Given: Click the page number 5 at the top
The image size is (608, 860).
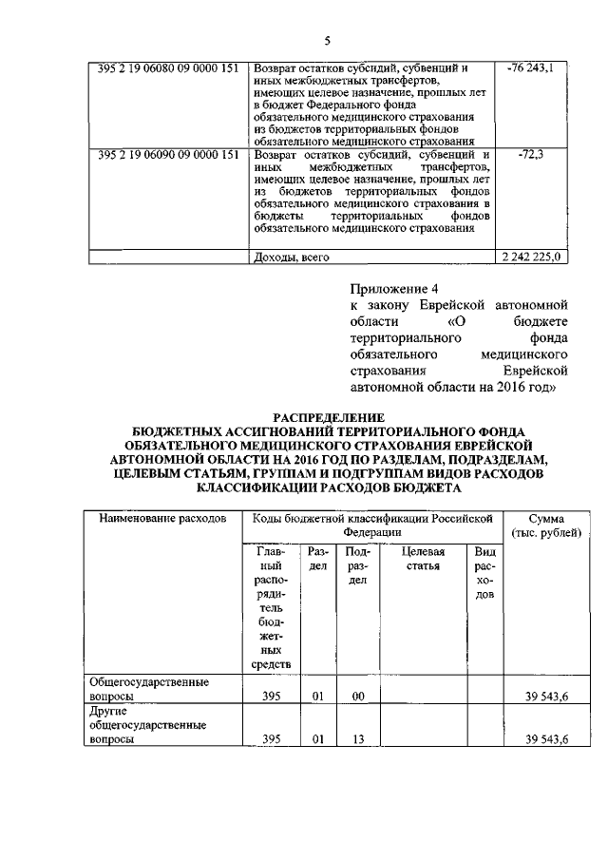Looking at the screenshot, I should [327, 40].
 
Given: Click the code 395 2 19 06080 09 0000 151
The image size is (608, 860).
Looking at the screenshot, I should [167, 69].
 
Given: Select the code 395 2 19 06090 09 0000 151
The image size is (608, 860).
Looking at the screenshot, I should [167, 155].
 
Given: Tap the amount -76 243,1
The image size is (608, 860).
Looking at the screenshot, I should [531, 69].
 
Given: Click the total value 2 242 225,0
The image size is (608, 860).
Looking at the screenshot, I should [532, 257].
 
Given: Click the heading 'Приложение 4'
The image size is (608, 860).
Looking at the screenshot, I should [390, 287].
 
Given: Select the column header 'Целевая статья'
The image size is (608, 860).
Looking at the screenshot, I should [422, 559].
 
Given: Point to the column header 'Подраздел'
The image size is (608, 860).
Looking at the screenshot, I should [357, 566].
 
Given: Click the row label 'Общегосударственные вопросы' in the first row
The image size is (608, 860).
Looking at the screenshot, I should [148, 689].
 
